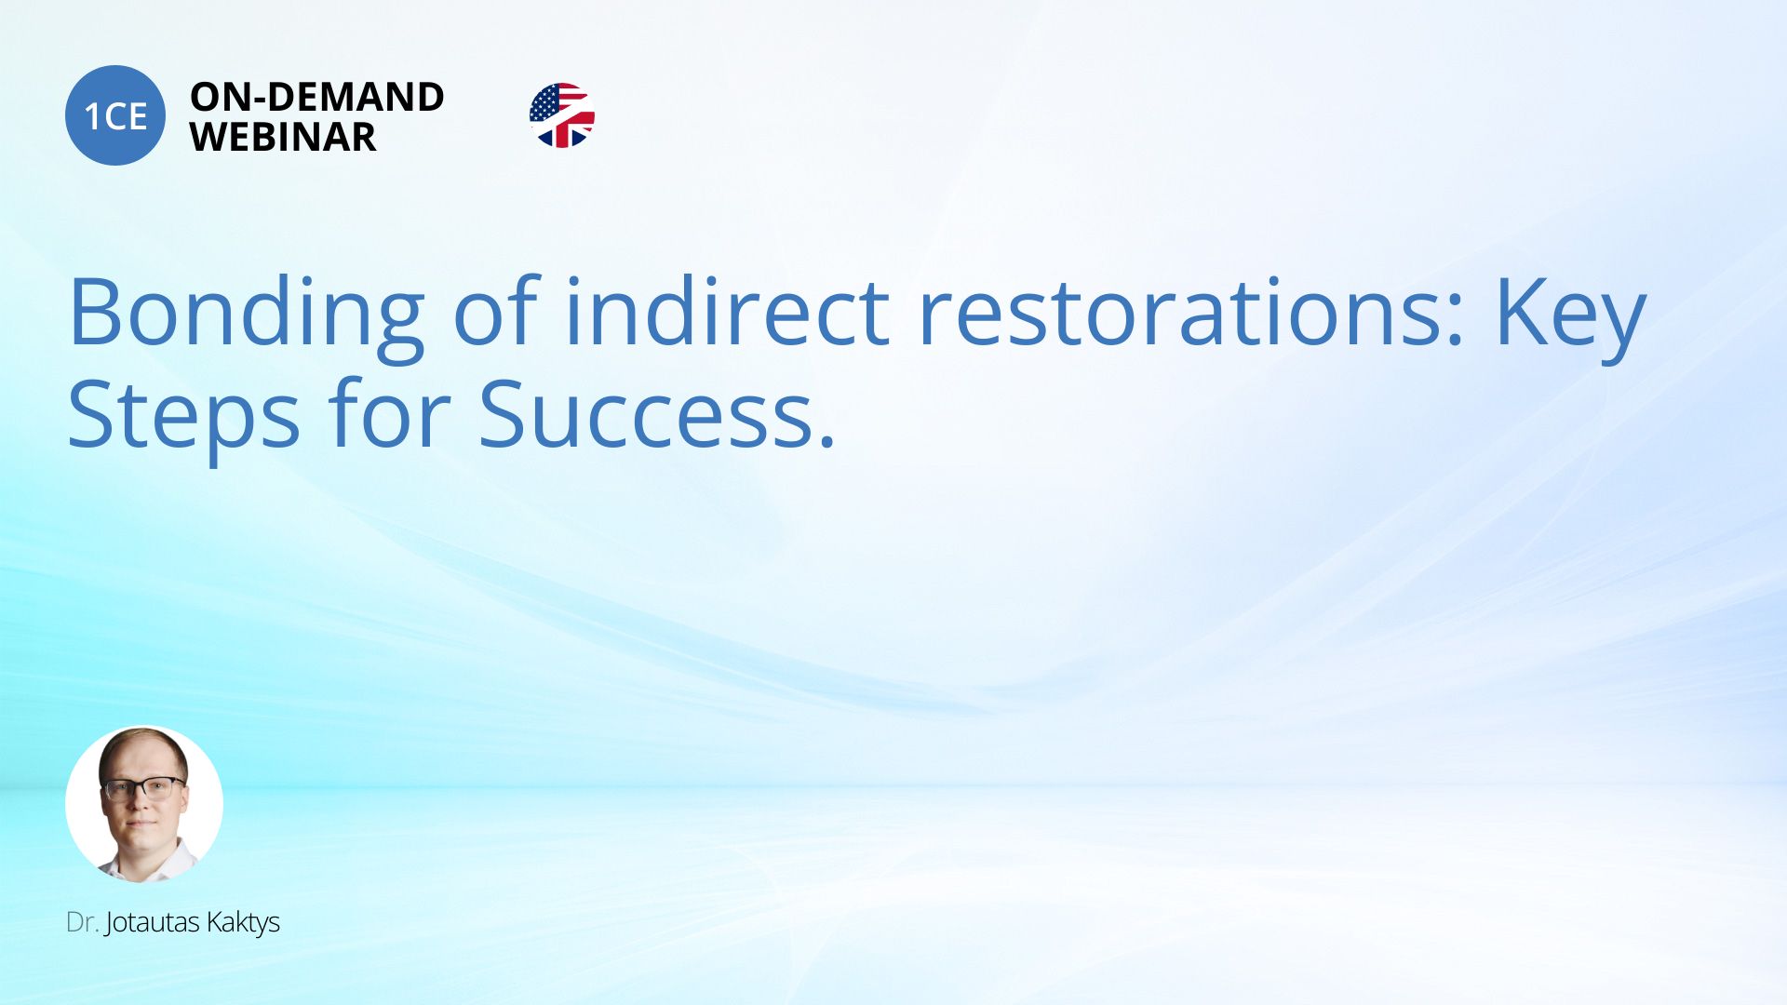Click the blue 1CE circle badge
point(115,115)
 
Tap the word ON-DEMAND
point(317,97)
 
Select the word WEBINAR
point(283,138)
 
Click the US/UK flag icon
point(562,115)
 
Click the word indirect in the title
point(727,311)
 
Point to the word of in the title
point(496,311)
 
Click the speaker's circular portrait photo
point(144,804)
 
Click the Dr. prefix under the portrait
point(82,922)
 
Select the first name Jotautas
point(153,923)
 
